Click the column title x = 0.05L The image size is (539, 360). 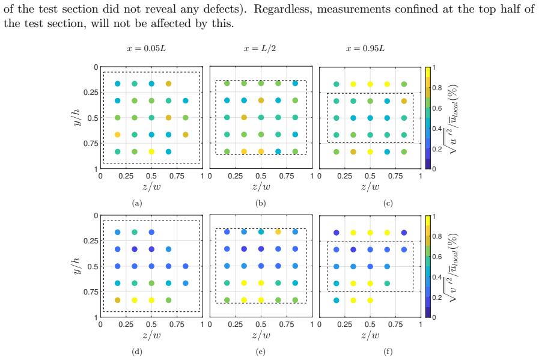(146, 49)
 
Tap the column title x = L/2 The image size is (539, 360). (260, 49)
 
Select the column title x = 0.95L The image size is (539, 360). (365, 49)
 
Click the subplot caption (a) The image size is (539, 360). (137, 203)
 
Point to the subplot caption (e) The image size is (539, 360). (261, 352)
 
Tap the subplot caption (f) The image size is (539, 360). (388, 352)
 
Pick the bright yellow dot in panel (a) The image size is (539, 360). (151, 151)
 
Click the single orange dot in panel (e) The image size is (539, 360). (278, 232)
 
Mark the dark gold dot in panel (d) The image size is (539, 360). (118, 300)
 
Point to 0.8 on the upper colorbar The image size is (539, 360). (437, 88)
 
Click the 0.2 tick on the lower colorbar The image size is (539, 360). (437, 297)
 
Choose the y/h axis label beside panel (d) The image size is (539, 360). (77, 266)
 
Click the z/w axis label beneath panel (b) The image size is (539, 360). (261, 187)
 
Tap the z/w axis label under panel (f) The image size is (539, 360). (370, 335)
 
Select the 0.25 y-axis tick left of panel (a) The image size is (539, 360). (91, 93)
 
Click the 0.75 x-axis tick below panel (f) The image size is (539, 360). (395, 325)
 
